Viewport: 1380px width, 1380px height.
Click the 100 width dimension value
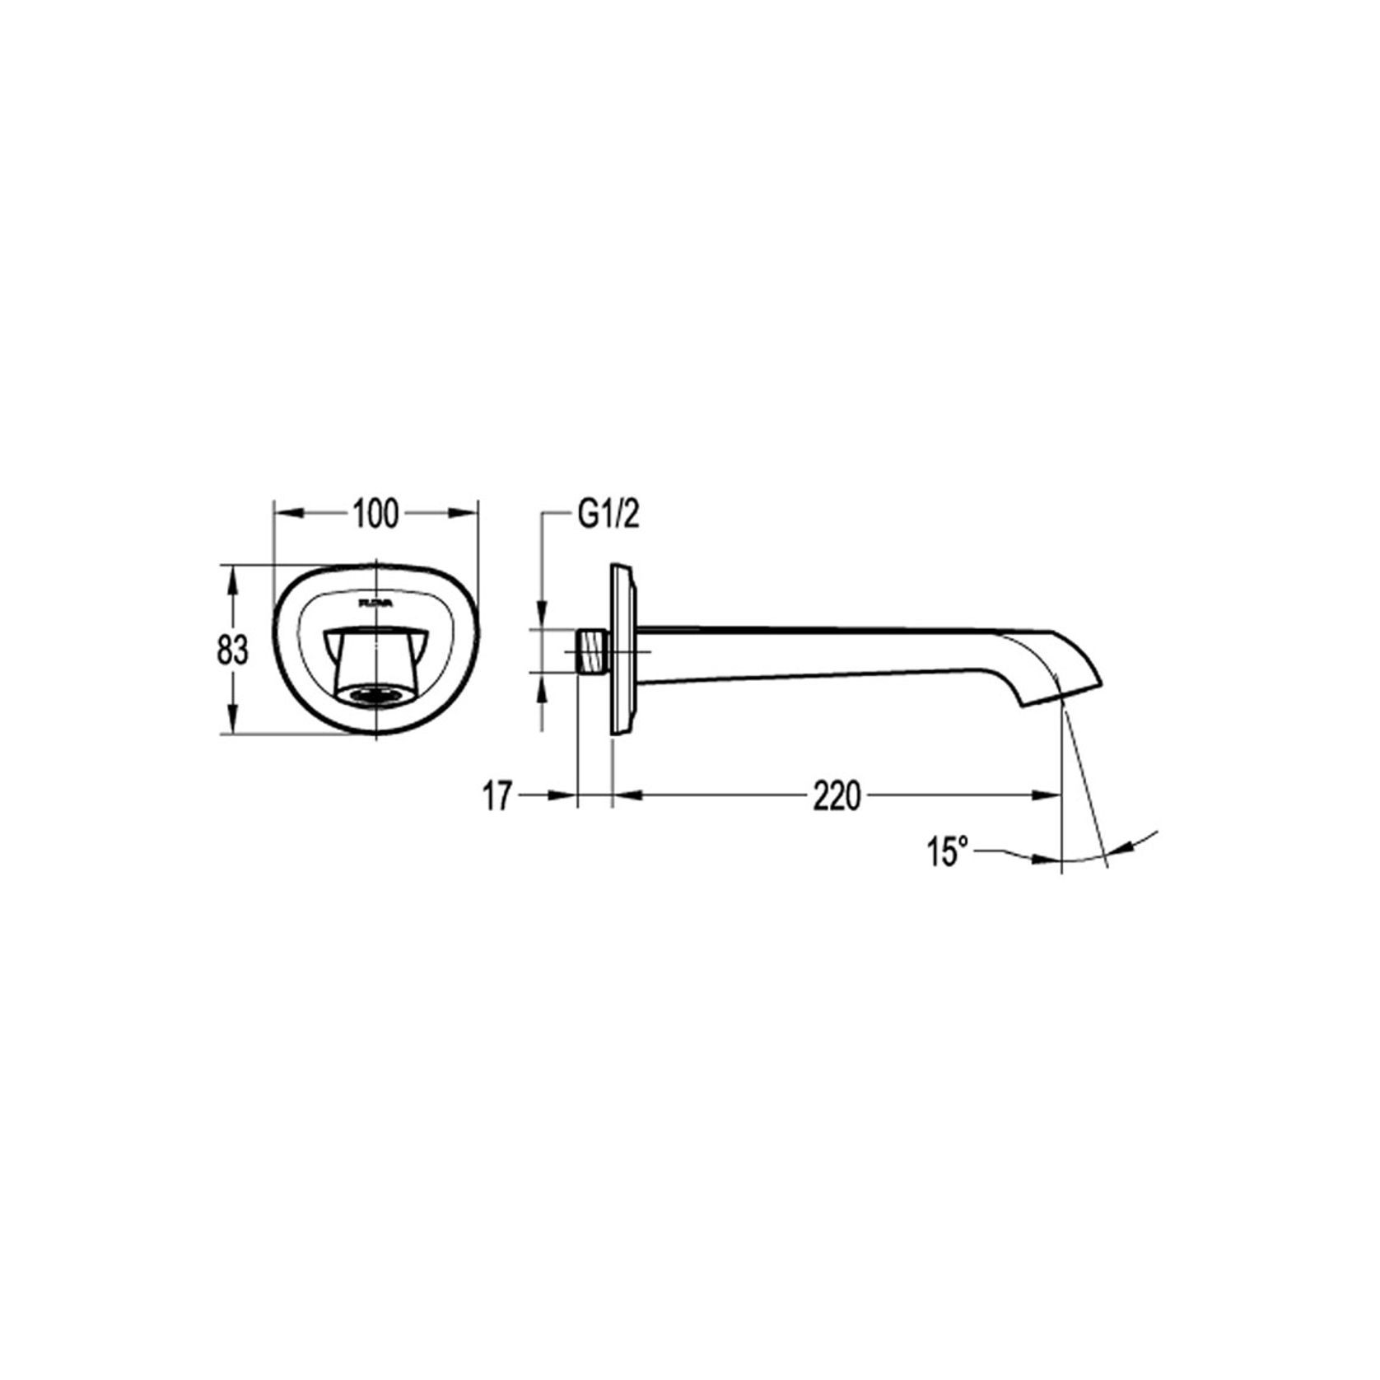375,515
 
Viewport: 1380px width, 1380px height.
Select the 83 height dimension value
232,651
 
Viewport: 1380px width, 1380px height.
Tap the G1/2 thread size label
608,515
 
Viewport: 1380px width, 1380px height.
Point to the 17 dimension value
497,797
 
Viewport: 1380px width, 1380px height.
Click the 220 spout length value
837,797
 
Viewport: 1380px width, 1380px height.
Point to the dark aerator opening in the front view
375,696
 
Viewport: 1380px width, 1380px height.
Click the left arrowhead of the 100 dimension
284,514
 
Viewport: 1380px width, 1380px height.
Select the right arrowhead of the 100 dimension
467,514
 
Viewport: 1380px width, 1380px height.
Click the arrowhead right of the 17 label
564,795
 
